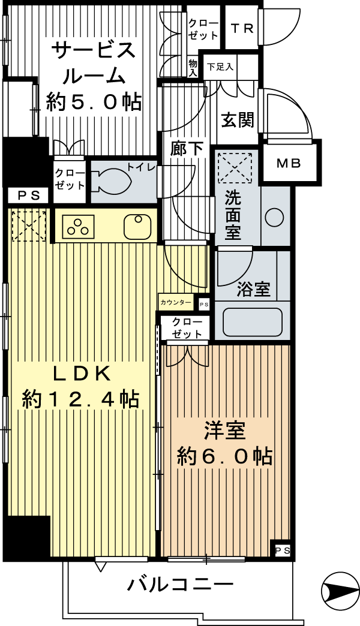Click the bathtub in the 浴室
(253, 322)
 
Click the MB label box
(289, 163)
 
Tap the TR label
(242, 29)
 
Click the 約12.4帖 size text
(81, 399)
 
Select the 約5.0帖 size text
(94, 102)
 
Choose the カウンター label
(176, 302)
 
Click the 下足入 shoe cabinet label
(220, 67)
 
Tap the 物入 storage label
(193, 68)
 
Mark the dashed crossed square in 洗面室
(235, 168)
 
